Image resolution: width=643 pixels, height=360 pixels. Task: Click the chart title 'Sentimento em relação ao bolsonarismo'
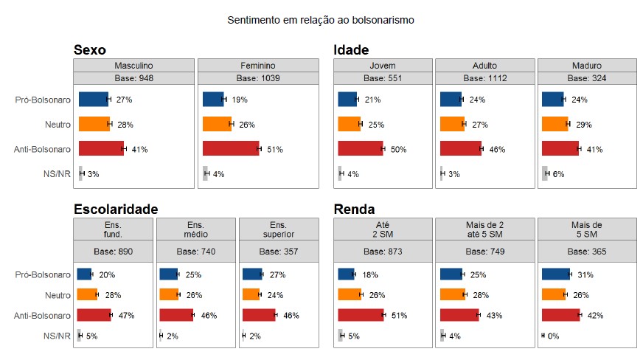[321, 20]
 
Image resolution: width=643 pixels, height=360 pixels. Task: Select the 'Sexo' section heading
[90, 50]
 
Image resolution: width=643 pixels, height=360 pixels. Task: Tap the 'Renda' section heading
[355, 210]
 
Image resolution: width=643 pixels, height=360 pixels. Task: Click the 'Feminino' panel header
[258, 66]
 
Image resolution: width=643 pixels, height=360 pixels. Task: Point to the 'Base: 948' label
[134, 78]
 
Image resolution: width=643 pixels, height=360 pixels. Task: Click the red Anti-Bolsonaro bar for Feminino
[231, 149]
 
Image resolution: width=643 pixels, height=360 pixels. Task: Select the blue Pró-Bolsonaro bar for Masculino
[93, 99]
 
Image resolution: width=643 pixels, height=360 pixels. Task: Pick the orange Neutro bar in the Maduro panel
[555, 124]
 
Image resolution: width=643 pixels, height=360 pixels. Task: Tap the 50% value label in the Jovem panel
[398, 150]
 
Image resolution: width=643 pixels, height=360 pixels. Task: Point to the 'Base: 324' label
[587, 78]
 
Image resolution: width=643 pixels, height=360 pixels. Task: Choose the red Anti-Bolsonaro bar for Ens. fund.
[94, 315]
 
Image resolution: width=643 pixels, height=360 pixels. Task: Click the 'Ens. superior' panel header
[278, 229]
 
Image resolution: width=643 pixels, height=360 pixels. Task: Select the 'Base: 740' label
[195, 252]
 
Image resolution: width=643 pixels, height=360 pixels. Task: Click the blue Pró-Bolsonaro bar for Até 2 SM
[346, 274]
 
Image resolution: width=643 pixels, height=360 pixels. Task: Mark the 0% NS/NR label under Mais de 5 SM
[553, 336]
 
